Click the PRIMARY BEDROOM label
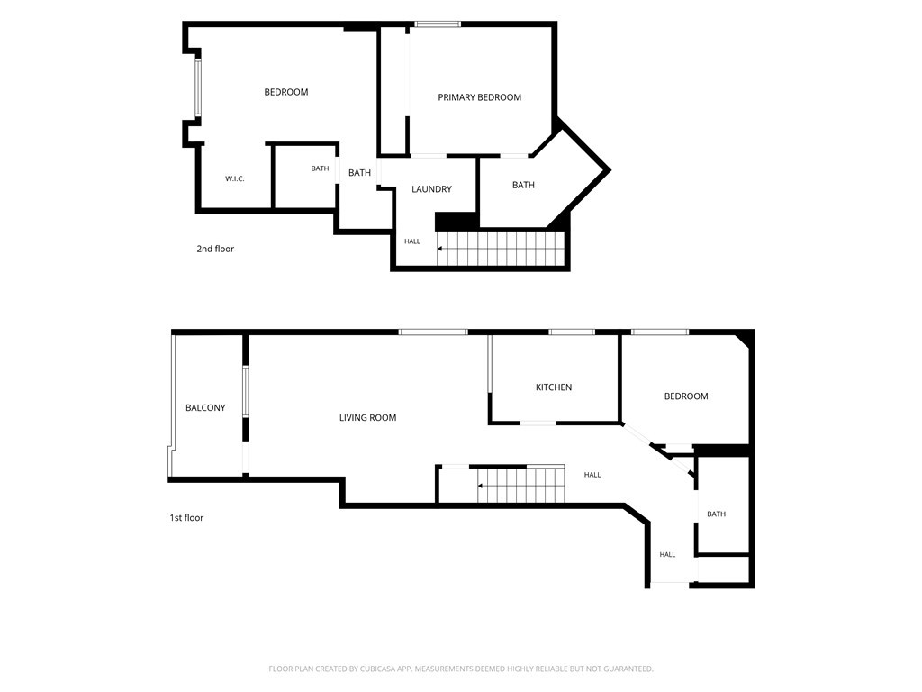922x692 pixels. click(x=479, y=97)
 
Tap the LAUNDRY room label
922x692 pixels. click(x=431, y=189)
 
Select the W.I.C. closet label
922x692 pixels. click(x=235, y=178)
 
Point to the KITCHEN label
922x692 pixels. click(x=554, y=387)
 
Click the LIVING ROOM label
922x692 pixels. click(x=367, y=418)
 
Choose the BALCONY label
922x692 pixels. click(x=205, y=407)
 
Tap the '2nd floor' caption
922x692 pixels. click(x=215, y=249)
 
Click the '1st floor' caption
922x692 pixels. click(x=186, y=518)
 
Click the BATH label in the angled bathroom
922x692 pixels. click(x=523, y=185)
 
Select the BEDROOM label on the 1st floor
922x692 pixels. click(x=685, y=396)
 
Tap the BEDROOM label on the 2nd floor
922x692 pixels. click(x=285, y=92)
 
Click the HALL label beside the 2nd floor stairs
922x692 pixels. click(x=412, y=241)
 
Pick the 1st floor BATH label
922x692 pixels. click(x=716, y=514)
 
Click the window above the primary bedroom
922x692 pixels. click(x=437, y=24)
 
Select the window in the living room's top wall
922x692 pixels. click(x=433, y=332)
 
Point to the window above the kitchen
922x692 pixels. click(x=572, y=332)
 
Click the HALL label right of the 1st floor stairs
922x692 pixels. click(x=592, y=475)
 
